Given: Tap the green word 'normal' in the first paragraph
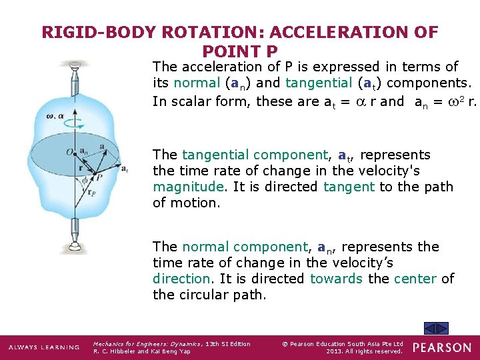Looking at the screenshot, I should point(196,83).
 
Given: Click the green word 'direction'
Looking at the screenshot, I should point(181,279).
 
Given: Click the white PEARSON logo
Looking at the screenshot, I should point(443,347).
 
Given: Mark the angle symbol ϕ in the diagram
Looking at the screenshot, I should point(83,179).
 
